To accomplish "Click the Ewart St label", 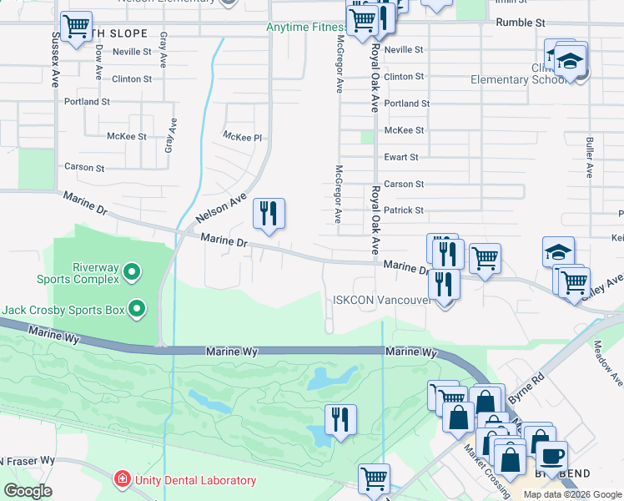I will point(400,157).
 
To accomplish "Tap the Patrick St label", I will point(404,210).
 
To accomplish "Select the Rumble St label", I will point(520,23).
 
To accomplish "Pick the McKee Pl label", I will point(242,136).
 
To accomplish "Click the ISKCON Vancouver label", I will point(380,300).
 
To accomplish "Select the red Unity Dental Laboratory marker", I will point(121,479).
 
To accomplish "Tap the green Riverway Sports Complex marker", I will point(131,271).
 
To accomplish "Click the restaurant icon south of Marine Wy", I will point(340,418).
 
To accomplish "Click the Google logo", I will point(28,491).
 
